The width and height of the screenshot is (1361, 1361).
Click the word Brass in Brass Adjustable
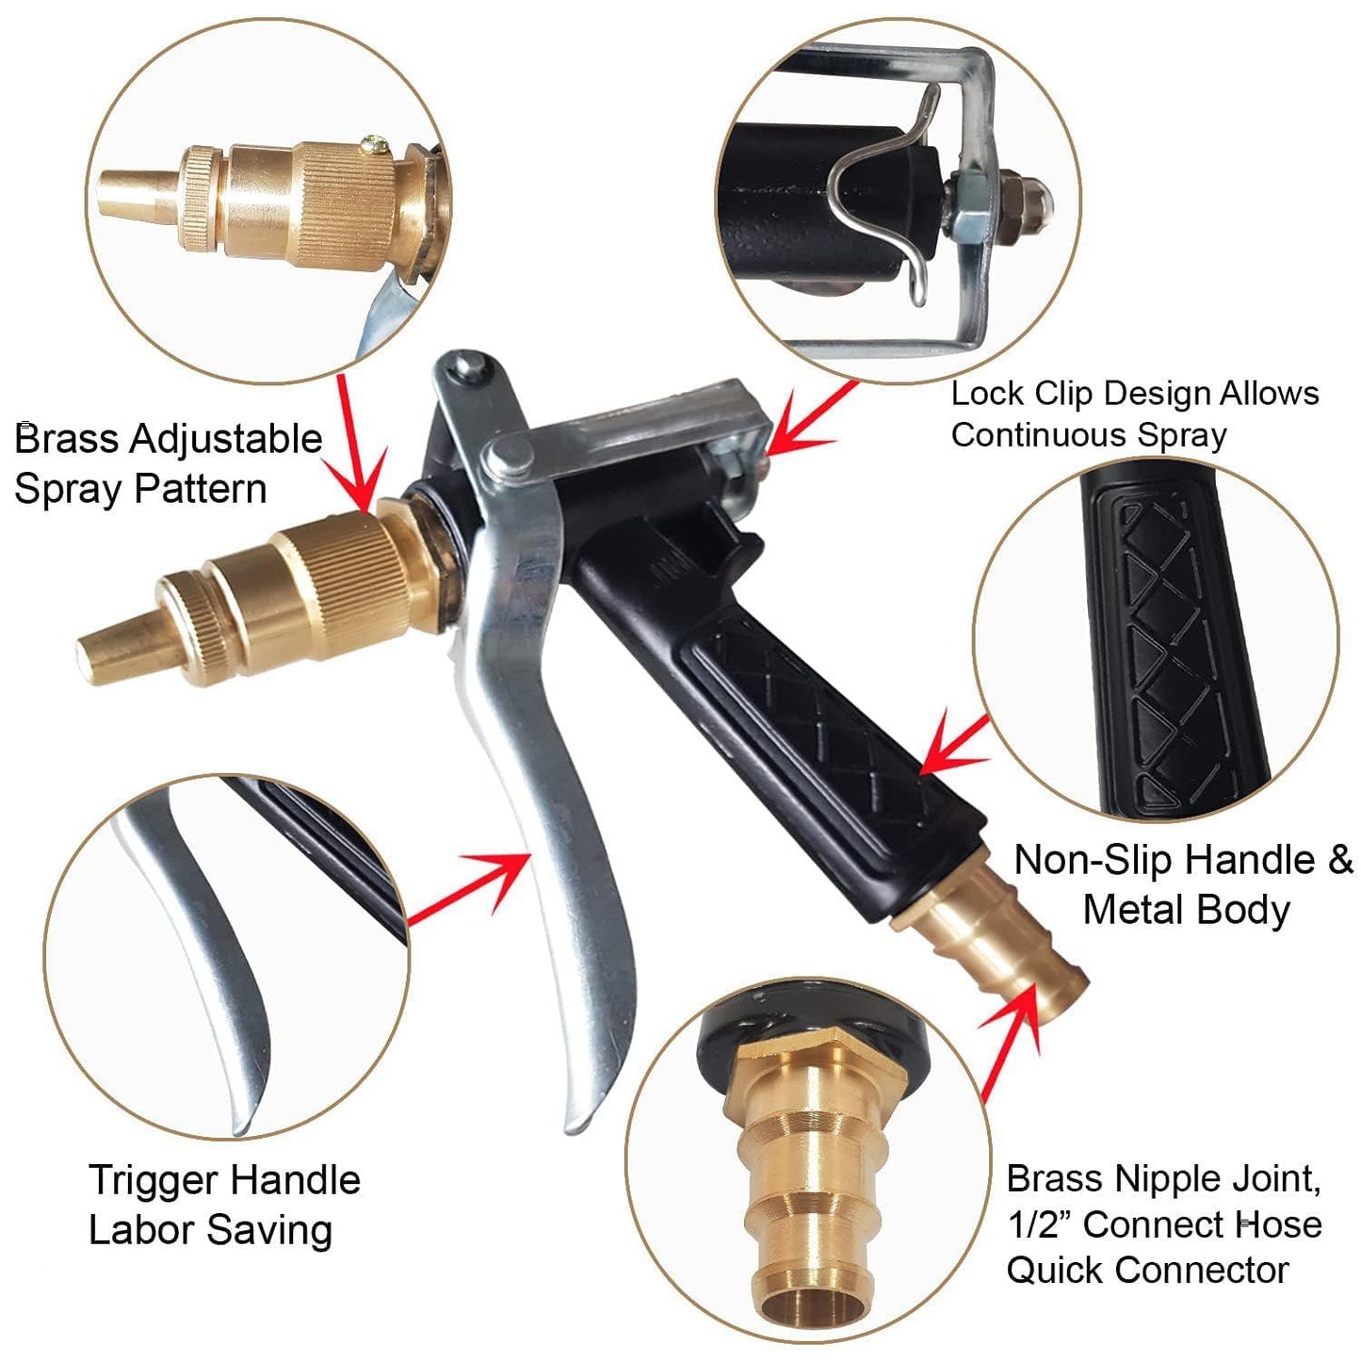[x=65, y=440]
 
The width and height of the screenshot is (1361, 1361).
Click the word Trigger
[x=151, y=1180]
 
